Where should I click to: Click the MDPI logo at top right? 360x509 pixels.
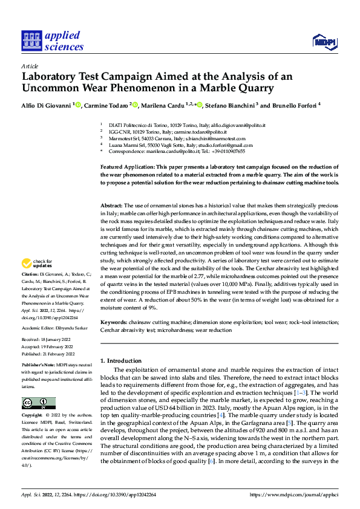pos(323,41)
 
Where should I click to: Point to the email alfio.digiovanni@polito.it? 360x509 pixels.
pos(238,125)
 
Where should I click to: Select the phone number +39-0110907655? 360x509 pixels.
pos(226,152)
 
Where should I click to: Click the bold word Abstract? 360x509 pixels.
pos(111,206)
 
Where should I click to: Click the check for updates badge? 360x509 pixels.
pos(38,263)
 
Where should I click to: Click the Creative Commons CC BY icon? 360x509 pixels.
pos(38,403)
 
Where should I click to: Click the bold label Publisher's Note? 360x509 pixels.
pos(38,366)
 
